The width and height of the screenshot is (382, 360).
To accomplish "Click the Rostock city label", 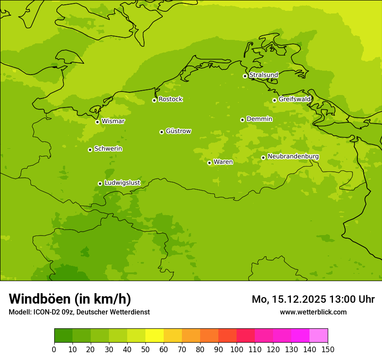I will (170, 99).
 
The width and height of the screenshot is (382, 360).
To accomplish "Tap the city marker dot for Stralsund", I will (245, 76).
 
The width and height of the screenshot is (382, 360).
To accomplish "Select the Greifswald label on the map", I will (294, 99).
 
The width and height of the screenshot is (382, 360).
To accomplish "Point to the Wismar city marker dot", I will (97, 122).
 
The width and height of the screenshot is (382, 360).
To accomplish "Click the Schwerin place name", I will (108, 149).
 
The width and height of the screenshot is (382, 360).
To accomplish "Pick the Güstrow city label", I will (178, 131).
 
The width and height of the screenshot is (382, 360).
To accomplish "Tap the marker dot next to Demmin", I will (242, 120).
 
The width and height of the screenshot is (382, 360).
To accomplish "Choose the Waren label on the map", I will (223, 162).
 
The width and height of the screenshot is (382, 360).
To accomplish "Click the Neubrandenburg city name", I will (293, 156).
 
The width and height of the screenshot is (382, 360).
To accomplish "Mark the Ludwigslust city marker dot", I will (100, 183).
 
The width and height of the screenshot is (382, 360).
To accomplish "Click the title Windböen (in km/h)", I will (70, 299).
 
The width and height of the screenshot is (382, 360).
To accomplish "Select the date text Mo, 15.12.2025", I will (289, 299).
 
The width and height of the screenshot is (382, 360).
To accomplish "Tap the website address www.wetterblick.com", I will (313, 312).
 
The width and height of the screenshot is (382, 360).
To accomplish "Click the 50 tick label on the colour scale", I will (145, 349).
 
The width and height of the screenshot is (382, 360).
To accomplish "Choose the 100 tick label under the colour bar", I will (237, 349).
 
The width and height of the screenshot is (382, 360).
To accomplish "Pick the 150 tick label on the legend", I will (328, 349).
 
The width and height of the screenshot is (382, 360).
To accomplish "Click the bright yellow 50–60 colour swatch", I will (155, 336).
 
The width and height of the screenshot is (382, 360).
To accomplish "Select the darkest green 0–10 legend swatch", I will (63, 336).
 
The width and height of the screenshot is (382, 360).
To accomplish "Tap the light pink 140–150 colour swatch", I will (319, 336).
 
